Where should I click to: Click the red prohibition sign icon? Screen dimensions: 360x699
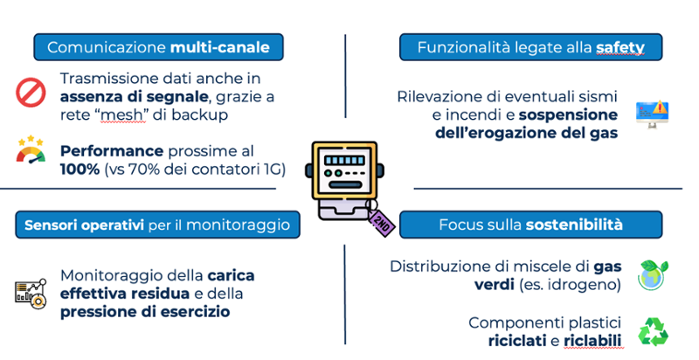[30, 91]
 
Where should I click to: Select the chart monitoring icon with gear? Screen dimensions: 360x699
[30, 291]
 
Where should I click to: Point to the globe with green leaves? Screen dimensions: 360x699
[654, 273]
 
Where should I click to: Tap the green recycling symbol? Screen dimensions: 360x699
[654, 331]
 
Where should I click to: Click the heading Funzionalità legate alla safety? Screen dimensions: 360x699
[530, 46]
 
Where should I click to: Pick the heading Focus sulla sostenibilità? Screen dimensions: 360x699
[530, 225]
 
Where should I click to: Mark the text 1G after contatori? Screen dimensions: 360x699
[273, 169]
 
